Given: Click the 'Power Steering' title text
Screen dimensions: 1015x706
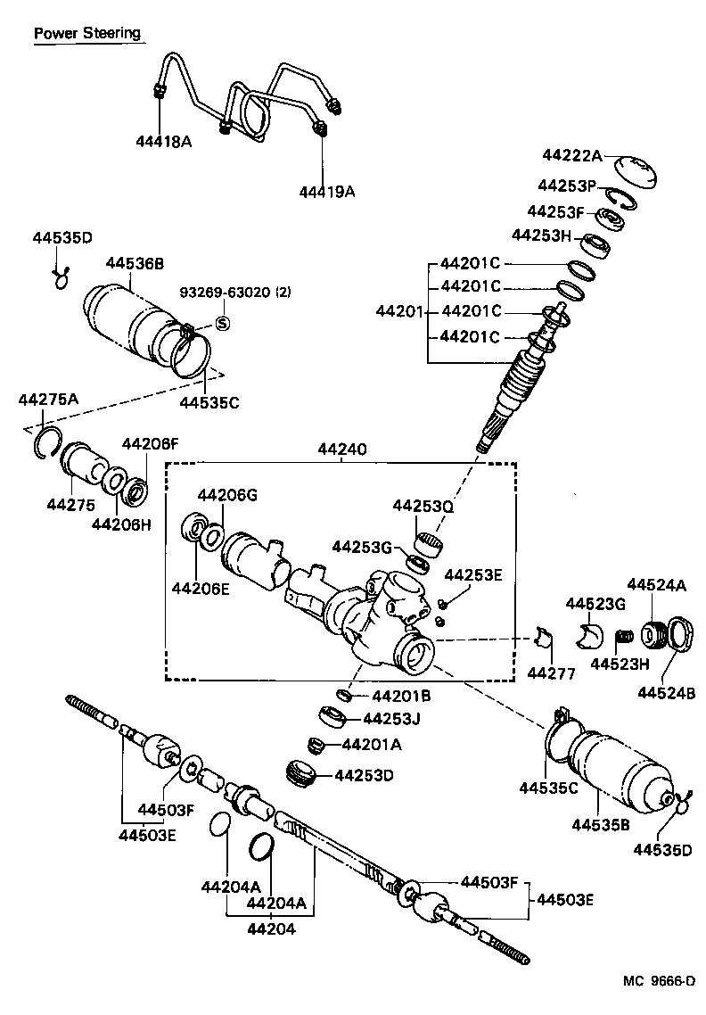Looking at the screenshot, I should [87, 34].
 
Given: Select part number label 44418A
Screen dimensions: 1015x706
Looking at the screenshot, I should [164, 141].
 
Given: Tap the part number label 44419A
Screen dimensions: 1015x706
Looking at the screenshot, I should [326, 192].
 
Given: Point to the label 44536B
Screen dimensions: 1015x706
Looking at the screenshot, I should [135, 263].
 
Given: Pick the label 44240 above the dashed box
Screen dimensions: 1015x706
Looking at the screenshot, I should [341, 452].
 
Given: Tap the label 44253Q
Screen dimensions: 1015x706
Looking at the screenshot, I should [424, 506].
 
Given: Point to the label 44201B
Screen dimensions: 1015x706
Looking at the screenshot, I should [401, 696].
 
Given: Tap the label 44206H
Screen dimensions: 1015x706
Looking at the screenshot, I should [121, 524].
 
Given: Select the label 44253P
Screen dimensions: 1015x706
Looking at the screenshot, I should [566, 186].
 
